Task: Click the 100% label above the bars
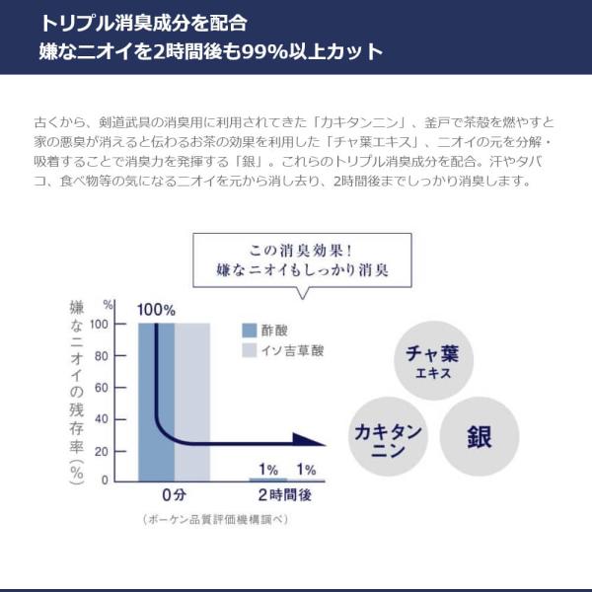(x=156, y=310)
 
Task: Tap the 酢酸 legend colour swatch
(x=250, y=330)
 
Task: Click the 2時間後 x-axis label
(x=284, y=495)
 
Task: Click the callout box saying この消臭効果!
(x=301, y=259)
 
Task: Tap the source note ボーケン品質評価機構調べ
(x=216, y=519)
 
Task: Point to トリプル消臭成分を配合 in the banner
(x=144, y=22)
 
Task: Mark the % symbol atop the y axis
(x=108, y=306)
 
